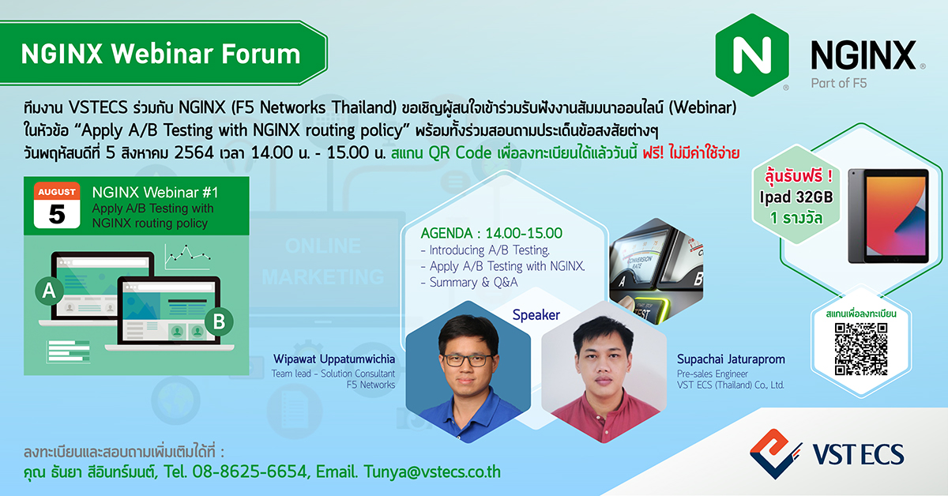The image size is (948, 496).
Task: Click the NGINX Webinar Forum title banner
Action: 161,54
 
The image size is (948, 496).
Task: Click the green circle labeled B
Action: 219,321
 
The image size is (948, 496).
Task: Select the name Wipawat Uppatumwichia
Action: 333,359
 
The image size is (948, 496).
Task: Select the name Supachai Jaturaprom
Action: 731,359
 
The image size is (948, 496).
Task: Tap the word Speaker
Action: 536,315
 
